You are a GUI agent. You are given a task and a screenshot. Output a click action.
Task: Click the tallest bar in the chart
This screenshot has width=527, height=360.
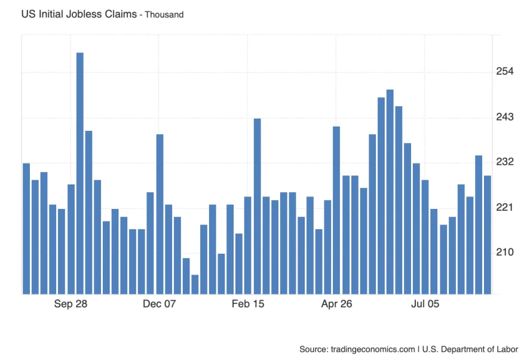pos(79,173)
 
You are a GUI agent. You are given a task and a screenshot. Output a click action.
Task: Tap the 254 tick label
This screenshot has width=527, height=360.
pos(505,72)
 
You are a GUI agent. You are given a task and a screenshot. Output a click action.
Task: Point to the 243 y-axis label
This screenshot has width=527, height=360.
pos(505,117)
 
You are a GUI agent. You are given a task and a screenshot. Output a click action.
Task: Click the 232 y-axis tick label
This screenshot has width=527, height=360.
pos(505,162)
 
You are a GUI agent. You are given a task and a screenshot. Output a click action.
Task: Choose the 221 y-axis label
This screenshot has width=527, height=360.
pos(505,207)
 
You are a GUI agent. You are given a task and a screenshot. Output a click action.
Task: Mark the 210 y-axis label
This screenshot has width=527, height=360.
pos(505,253)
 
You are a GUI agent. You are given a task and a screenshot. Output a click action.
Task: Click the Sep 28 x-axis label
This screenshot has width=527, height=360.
pos(71,304)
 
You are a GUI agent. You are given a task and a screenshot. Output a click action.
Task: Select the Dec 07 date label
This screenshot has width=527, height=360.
pos(160,304)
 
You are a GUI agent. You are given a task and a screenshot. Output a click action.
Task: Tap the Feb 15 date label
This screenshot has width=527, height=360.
pos(248,304)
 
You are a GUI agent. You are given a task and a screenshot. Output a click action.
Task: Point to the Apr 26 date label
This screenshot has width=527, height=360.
pos(337,304)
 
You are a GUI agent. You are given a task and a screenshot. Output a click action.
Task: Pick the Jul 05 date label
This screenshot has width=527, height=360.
pos(425,304)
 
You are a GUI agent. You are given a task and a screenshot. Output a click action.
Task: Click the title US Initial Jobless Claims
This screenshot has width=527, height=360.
pos(79,14)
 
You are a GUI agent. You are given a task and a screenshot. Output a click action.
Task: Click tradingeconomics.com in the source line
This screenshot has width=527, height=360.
pos(373,349)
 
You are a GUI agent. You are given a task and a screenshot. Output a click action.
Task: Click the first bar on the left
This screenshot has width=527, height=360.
pos(26,228)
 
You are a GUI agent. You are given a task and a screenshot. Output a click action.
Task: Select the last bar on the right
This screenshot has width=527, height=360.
pos(488,235)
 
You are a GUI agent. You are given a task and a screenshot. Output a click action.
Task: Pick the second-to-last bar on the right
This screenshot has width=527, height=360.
pos(479,224)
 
